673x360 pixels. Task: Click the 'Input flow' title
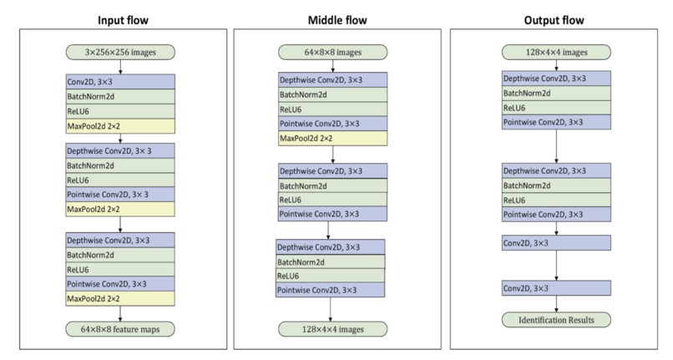tap(119, 19)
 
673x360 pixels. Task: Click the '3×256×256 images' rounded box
tap(119, 53)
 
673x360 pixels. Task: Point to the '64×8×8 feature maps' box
tap(119, 329)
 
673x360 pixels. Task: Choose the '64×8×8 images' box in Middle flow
tap(332, 53)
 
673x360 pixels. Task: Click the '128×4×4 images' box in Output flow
tap(556, 53)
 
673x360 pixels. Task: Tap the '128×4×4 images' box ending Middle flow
tap(332, 329)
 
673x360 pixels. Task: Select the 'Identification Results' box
tap(556, 319)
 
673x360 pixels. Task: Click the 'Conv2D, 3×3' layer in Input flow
tap(119, 82)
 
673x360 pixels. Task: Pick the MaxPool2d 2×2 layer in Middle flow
tap(332, 138)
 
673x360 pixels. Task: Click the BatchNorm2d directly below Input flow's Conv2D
tap(119, 97)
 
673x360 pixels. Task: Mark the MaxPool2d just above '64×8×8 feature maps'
tap(119, 298)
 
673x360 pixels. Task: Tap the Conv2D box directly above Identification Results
tap(556, 289)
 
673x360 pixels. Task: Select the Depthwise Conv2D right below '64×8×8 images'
tap(332, 80)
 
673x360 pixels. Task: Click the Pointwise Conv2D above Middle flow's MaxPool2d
tap(332, 124)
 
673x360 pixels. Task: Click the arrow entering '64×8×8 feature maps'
tap(119, 313)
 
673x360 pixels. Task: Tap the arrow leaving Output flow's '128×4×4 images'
tap(556, 65)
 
